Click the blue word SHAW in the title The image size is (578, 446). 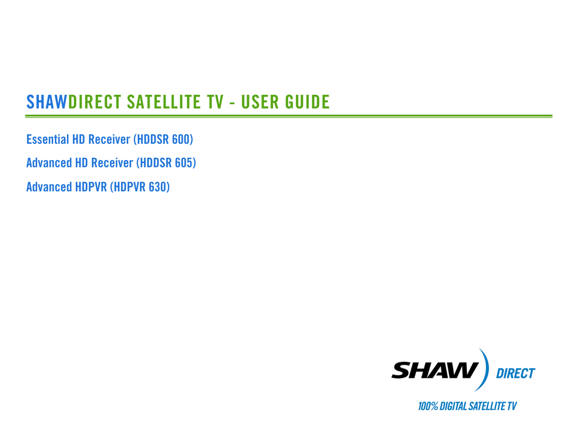pyautogui.click(x=46, y=102)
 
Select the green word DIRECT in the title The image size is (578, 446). pyautogui.click(x=95, y=102)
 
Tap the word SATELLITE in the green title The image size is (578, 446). pyautogui.click(x=164, y=102)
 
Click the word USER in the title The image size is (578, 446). pyautogui.click(x=260, y=102)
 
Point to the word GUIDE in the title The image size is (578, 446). pyautogui.click(x=307, y=102)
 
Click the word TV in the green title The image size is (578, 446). pyautogui.click(x=215, y=102)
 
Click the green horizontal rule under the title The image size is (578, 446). pyautogui.click(x=288, y=116)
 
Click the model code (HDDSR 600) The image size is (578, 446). pyautogui.click(x=163, y=139)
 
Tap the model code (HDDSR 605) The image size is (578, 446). pyautogui.click(x=167, y=163)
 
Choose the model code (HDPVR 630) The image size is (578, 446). pyautogui.click(x=140, y=187)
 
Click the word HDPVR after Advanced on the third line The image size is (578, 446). pyautogui.click(x=91, y=187)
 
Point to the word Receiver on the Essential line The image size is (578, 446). pyautogui.click(x=109, y=139)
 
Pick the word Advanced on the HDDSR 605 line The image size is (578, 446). pyautogui.click(x=49, y=163)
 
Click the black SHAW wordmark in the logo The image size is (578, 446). pyautogui.click(x=435, y=370)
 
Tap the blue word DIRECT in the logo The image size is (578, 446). pyautogui.click(x=515, y=373)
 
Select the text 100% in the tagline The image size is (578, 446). pyautogui.click(x=428, y=406)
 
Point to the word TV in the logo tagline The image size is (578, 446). pyautogui.click(x=512, y=406)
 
